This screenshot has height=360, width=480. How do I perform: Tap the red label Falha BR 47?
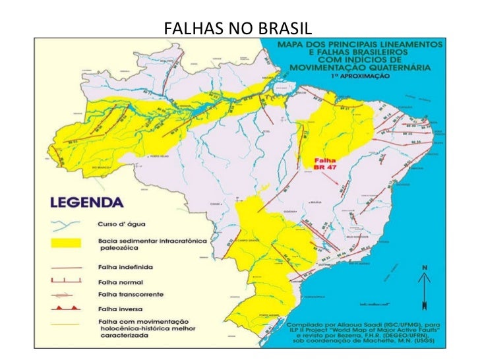click(323, 164)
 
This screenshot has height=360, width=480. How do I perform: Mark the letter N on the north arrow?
click(425, 267)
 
